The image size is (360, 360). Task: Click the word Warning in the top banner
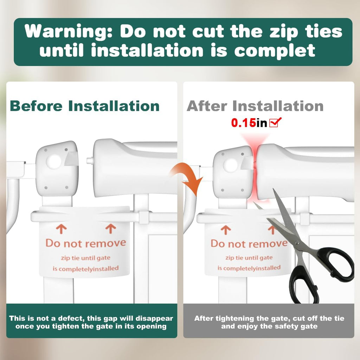point(69,32)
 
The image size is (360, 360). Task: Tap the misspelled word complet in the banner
point(275,51)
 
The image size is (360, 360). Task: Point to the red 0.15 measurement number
point(243,123)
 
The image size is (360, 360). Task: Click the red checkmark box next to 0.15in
point(275,122)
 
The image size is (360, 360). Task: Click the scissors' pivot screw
point(297,243)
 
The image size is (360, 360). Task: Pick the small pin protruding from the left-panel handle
point(90,160)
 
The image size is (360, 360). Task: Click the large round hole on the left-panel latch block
point(53,161)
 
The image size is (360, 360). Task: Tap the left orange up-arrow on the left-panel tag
point(61,229)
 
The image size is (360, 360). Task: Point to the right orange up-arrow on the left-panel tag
point(111,229)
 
